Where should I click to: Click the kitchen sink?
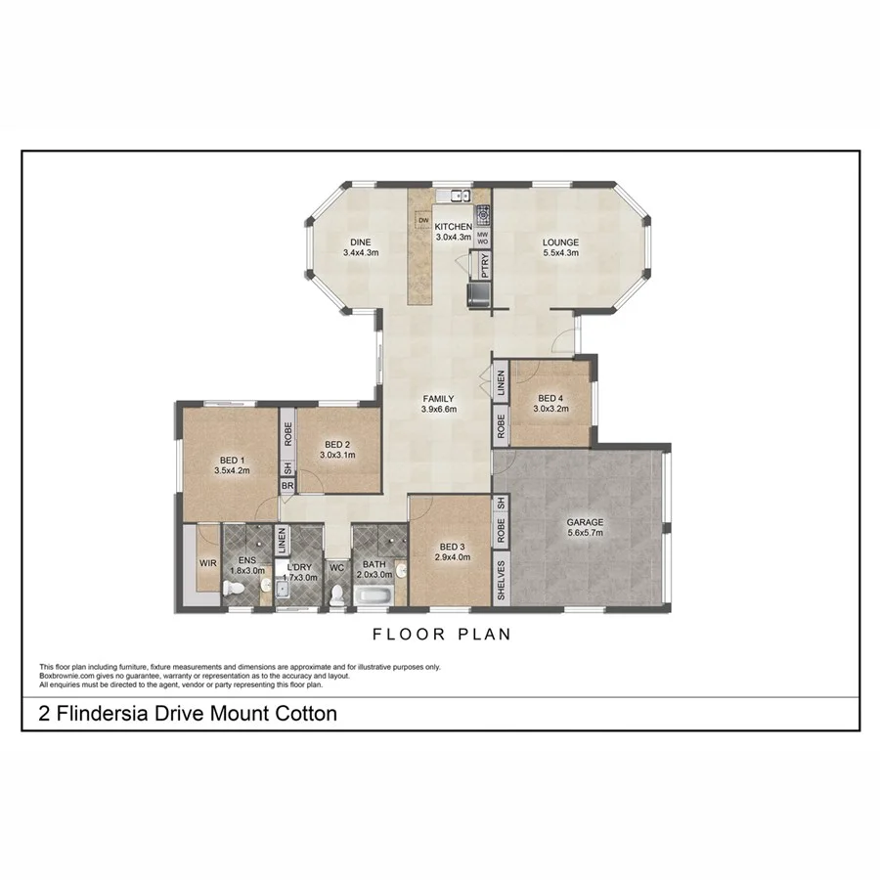(453, 196)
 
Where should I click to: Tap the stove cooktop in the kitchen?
(483, 215)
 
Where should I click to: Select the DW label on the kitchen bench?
(423, 221)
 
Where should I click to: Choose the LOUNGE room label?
(561, 242)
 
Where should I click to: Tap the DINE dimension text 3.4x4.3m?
(361, 253)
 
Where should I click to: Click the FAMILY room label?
(439, 399)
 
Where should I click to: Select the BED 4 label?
(550, 398)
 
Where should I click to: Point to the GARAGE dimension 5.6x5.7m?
(586, 533)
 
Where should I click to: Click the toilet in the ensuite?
(234, 588)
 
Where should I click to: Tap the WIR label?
(207, 564)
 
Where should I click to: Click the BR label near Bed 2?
(287, 486)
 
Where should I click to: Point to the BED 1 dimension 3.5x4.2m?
(232, 470)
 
